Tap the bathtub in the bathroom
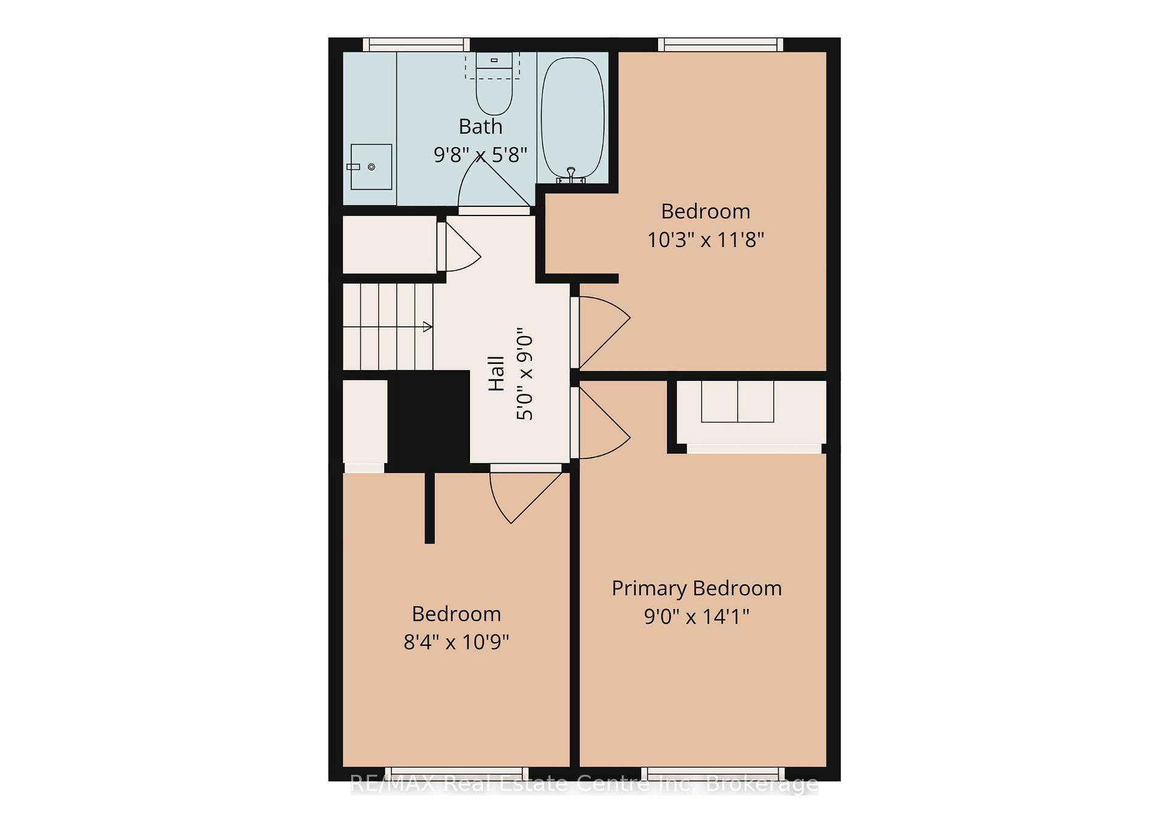coord(573,117)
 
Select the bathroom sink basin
coord(371,167)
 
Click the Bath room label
coord(480,127)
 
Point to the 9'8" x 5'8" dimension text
coord(480,155)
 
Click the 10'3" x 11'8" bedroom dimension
coord(705,240)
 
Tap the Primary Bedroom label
coord(697,589)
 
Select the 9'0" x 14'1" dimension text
coord(697,617)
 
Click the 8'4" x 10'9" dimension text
coord(456,642)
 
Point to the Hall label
coord(496,373)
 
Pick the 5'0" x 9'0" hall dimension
coord(524,377)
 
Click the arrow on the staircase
coord(388,327)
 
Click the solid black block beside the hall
coord(429,421)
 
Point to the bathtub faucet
coord(571,175)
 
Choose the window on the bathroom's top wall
coord(416,44)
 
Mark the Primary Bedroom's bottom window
coord(713,774)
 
